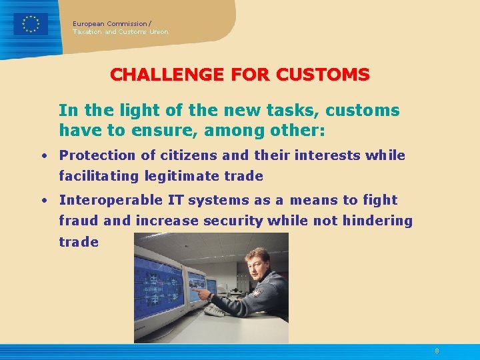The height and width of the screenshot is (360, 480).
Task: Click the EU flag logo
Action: point(31,24)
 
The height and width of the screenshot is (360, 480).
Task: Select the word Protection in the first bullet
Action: point(97,155)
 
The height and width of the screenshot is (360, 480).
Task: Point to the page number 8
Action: point(437,351)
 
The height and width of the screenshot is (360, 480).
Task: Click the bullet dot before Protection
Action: point(42,156)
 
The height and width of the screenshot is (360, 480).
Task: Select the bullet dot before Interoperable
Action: point(42,201)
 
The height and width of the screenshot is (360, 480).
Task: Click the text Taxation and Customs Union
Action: point(121,32)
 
